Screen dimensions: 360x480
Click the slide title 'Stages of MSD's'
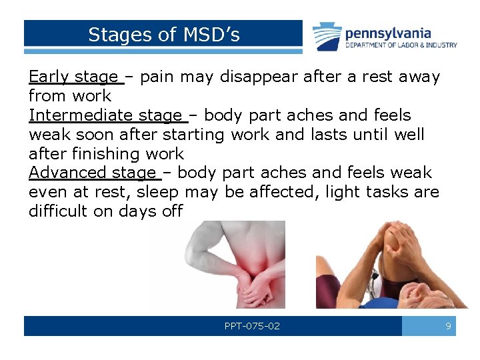(163, 34)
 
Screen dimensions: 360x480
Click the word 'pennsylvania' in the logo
(388, 33)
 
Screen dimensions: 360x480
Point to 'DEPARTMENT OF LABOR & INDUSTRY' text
(401, 45)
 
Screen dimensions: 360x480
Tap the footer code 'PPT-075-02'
(252, 327)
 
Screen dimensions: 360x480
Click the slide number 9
(448, 327)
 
